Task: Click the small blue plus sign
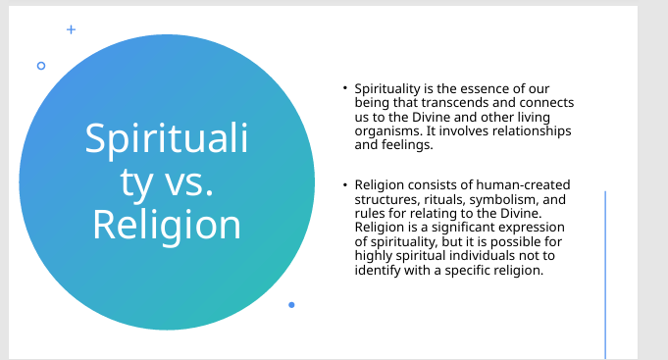pyautogui.click(x=72, y=29)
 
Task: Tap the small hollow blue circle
pyautogui.click(x=41, y=66)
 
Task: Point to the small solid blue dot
pyautogui.click(x=291, y=305)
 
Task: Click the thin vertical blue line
pyautogui.click(x=605, y=276)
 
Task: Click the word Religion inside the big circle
pyautogui.click(x=167, y=225)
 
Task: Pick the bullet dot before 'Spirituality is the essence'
pyautogui.click(x=345, y=87)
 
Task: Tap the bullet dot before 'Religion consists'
pyautogui.click(x=345, y=184)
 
